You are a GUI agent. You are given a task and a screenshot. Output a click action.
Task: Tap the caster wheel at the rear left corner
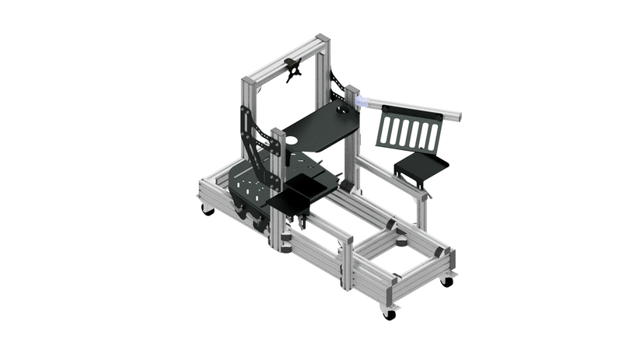point(208,210)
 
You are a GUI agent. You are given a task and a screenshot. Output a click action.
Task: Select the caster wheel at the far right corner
point(446,281)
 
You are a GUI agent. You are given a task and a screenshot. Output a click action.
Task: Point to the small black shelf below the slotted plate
point(421,166)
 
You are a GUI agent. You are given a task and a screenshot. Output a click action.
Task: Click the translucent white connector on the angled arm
point(362,101)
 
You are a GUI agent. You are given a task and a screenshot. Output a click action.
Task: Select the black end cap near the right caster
point(439,253)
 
